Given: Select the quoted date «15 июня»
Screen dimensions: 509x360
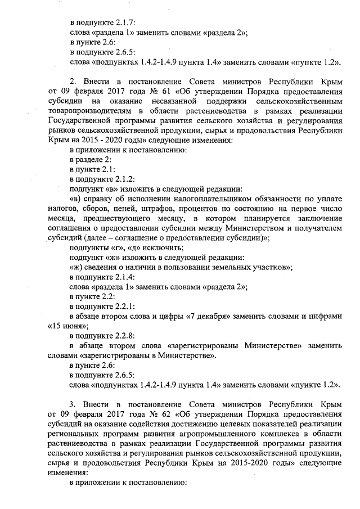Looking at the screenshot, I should coord(71,326).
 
